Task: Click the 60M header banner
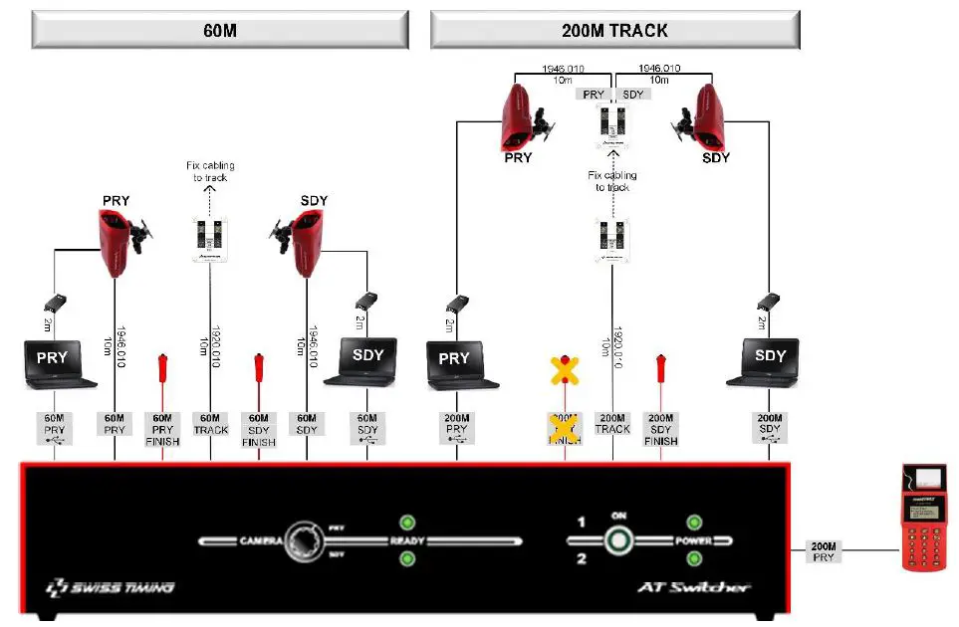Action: [220, 30]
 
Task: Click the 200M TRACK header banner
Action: [614, 30]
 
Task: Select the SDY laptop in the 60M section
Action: [367, 360]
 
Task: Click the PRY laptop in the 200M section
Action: [459, 363]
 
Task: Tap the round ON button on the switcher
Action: [618, 541]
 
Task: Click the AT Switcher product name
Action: [694, 587]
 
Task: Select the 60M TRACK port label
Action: [210, 424]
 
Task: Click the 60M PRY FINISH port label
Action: [162, 429]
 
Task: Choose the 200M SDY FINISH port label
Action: [660, 429]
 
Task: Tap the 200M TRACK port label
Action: [612, 424]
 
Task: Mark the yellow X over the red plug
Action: [566, 370]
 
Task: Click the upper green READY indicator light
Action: [406, 522]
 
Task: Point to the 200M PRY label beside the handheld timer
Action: [823, 551]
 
